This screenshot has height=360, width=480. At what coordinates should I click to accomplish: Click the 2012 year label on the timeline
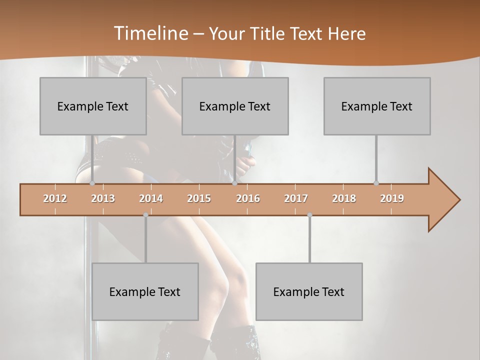[x=55, y=198]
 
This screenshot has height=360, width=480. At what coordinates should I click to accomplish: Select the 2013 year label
[x=103, y=198]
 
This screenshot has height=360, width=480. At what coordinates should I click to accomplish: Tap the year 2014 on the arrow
[x=151, y=198]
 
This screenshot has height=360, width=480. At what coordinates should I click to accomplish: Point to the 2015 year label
[x=199, y=198]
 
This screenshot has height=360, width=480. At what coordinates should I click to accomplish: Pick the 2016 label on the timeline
[x=248, y=198]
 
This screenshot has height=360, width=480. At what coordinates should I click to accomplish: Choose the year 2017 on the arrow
[x=296, y=198]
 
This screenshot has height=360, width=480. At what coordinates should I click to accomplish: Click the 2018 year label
[x=344, y=198]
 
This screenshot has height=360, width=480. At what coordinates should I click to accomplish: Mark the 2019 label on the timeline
[x=392, y=198]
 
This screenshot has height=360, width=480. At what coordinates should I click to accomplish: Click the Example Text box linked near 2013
[x=93, y=106]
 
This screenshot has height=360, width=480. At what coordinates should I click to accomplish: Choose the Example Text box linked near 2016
[x=235, y=106]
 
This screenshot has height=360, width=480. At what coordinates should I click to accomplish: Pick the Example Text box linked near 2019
[x=377, y=106]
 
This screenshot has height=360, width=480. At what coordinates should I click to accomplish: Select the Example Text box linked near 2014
[x=145, y=291]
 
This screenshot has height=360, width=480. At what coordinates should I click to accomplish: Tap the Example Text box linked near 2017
[x=309, y=291]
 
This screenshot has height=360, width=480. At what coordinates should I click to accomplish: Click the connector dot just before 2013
[x=92, y=183]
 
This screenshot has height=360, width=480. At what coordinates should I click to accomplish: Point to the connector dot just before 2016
[x=234, y=183]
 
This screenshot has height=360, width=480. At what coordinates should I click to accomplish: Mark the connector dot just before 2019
[x=376, y=183]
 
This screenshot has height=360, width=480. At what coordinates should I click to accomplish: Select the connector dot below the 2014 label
[x=145, y=215]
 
